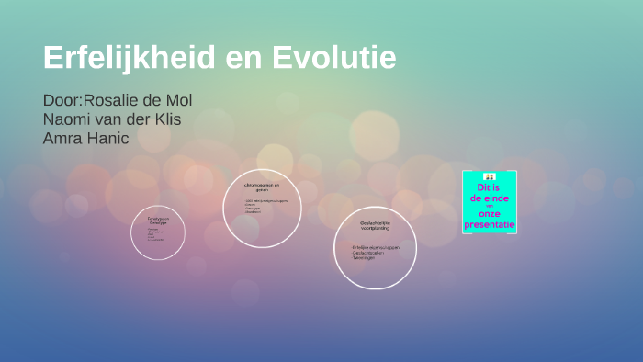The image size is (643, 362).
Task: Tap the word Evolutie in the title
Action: (334, 58)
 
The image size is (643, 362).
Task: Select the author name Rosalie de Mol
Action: (138, 100)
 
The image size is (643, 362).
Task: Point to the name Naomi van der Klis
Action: (112, 119)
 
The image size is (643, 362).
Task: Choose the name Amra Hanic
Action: (86, 139)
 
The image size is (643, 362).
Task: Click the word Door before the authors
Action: (61, 100)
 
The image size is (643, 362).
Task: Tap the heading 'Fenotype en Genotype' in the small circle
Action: (158, 221)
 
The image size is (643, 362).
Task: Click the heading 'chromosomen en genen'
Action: (262, 188)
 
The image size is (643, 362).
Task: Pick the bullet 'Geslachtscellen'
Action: (369, 254)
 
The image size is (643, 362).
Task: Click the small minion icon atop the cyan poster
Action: (490, 176)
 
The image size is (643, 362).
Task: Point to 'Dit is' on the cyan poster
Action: (489, 187)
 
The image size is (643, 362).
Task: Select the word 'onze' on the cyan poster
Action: (489, 214)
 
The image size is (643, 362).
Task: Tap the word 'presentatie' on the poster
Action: (490, 224)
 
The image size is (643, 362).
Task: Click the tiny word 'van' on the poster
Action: (490, 206)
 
